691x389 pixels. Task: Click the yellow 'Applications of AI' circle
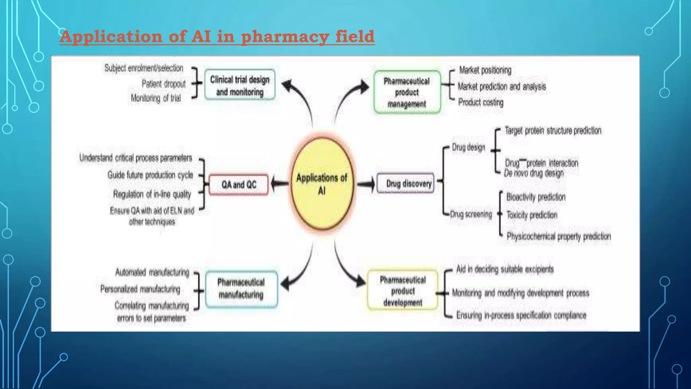point(322,184)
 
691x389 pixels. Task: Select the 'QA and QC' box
point(239,185)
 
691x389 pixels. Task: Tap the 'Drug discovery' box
point(406,183)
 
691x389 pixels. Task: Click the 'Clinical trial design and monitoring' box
point(240,85)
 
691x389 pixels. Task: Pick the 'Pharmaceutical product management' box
point(407,92)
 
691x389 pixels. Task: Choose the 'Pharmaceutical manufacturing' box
point(241,289)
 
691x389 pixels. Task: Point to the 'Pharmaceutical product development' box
point(403,291)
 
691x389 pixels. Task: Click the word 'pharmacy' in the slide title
point(285,36)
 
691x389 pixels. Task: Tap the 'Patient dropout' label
point(164,84)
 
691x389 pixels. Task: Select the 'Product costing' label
point(480,102)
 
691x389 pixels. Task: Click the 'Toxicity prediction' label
point(532,215)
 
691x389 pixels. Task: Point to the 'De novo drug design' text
point(533,173)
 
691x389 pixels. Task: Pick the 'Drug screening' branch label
point(471,214)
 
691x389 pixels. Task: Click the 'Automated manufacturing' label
point(152,272)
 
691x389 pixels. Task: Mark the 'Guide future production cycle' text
point(150,175)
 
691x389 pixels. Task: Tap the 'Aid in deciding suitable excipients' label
point(505,269)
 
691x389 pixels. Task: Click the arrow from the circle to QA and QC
point(280,184)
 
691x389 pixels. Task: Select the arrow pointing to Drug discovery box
point(366,184)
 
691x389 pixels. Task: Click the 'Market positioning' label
point(485,70)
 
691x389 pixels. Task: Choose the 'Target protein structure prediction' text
point(553,131)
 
